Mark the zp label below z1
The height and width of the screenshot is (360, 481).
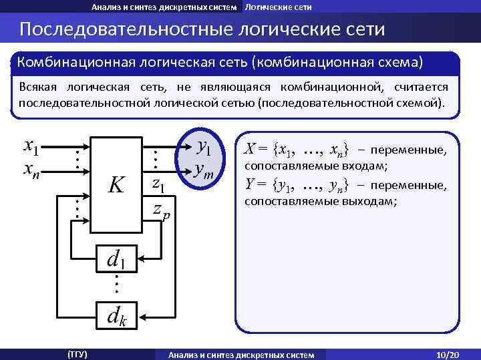point(160,210)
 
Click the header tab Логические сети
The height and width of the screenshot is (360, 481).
point(278,6)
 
